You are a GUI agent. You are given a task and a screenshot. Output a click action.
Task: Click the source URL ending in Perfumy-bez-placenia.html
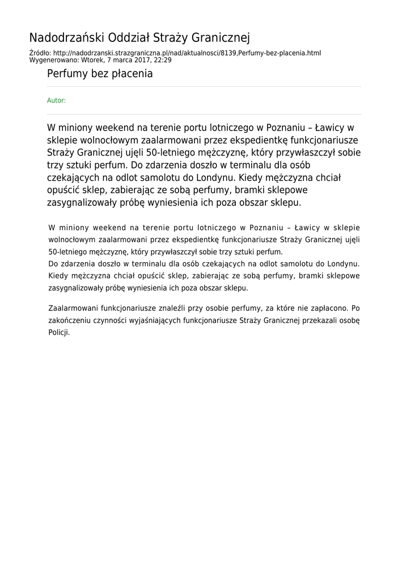(189, 53)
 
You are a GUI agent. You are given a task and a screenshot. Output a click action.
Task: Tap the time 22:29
(162, 60)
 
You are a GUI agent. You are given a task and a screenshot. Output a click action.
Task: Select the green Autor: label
(56, 100)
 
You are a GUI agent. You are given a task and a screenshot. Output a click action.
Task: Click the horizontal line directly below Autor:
(204, 114)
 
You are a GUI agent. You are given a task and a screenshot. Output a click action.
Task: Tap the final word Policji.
(59, 333)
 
